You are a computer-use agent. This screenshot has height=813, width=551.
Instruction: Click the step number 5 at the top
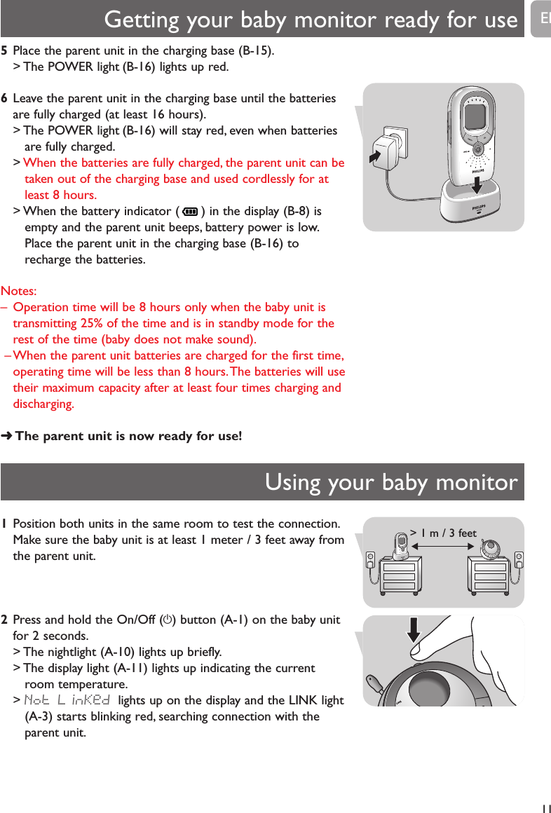[x=5, y=51]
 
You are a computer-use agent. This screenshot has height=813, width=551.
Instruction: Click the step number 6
[x=5, y=100]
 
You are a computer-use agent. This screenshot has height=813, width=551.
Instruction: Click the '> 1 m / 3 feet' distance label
[x=443, y=533]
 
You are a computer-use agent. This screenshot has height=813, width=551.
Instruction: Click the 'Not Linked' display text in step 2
[x=68, y=700]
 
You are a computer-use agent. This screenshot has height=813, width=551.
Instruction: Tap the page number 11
[x=545, y=806]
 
